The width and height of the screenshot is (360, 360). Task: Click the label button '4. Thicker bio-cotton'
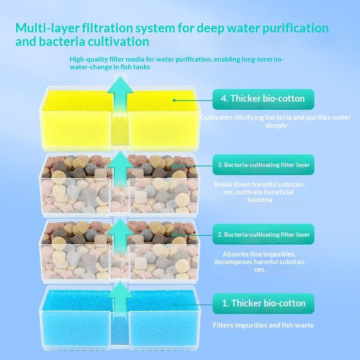(263, 99)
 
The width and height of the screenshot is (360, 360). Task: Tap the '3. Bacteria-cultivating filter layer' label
(263, 165)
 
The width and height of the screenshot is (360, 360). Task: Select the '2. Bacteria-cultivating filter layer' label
(263, 234)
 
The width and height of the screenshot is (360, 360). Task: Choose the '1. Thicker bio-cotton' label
(263, 303)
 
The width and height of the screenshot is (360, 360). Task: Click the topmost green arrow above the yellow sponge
(120, 92)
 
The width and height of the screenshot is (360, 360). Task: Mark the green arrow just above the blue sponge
(120, 299)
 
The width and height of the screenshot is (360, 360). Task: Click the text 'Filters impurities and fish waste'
(263, 325)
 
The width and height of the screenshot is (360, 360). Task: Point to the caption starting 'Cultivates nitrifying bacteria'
(275, 121)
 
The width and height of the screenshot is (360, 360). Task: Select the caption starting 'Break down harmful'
(260, 192)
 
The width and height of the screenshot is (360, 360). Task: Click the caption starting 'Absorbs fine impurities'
(259, 261)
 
